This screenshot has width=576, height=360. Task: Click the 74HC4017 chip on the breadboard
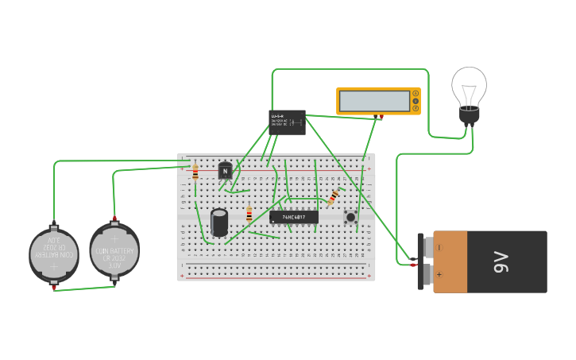pyautogui.click(x=294, y=217)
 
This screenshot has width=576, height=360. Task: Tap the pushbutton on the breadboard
pyautogui.click(x=350, y=217)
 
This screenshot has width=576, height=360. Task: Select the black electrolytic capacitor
pyautogui.click(x=219, y=222)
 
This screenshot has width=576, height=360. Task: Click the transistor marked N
pyautogui.click(x=225, y=170)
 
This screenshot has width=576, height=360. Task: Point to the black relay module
pyautogui.click(x=287, y=122)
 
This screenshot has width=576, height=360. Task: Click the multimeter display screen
pyautogui.click(x=373, y=101)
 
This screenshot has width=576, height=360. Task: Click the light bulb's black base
pyautogui.click(x=470, y=116)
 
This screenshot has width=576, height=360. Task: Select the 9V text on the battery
pyautogui.click(x=501, y=261)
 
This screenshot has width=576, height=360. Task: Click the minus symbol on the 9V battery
pyautogui.click(x=439, y=248)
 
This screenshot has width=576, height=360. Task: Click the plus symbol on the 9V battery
pyautogui.click(x=439, y=274)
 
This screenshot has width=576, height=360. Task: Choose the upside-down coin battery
pyautogui.click(x=54, y=254)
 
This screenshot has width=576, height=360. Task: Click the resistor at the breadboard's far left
pyautogui.click(x=195, y=172)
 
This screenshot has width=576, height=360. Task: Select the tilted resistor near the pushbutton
pyautogui.click(x=334, y=195)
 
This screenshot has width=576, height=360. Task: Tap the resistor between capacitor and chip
pyautogui.click(x=249, y=215)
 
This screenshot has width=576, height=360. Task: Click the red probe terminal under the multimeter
pyautogui.click(x=381, y=118)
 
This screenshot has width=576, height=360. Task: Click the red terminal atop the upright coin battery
pyautogui.click(x=114, y=218)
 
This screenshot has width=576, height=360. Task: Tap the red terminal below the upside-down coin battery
pyautogui.click(x=54, y=288)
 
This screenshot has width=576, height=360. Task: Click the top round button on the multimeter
pyautogui.click(x=415, y=94)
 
